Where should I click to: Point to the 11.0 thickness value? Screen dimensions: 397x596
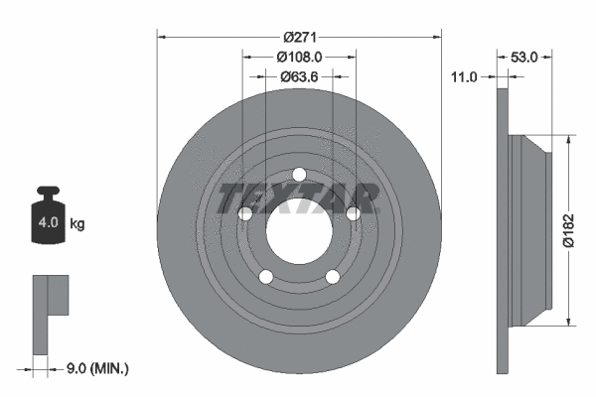[464, 76]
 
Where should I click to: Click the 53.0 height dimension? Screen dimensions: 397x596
[523, 58]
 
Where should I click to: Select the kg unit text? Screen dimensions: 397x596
[77, 224]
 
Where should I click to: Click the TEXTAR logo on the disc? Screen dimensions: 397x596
[299, 198]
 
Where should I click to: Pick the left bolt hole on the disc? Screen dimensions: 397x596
[245, 213]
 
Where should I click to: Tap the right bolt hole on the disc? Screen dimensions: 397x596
[353, 213]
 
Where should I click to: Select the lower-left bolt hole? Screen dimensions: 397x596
[265, 277]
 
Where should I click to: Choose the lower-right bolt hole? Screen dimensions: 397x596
[333, 277]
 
